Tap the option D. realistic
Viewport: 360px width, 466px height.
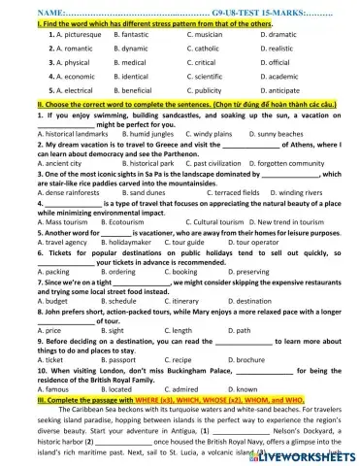point(279,47)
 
